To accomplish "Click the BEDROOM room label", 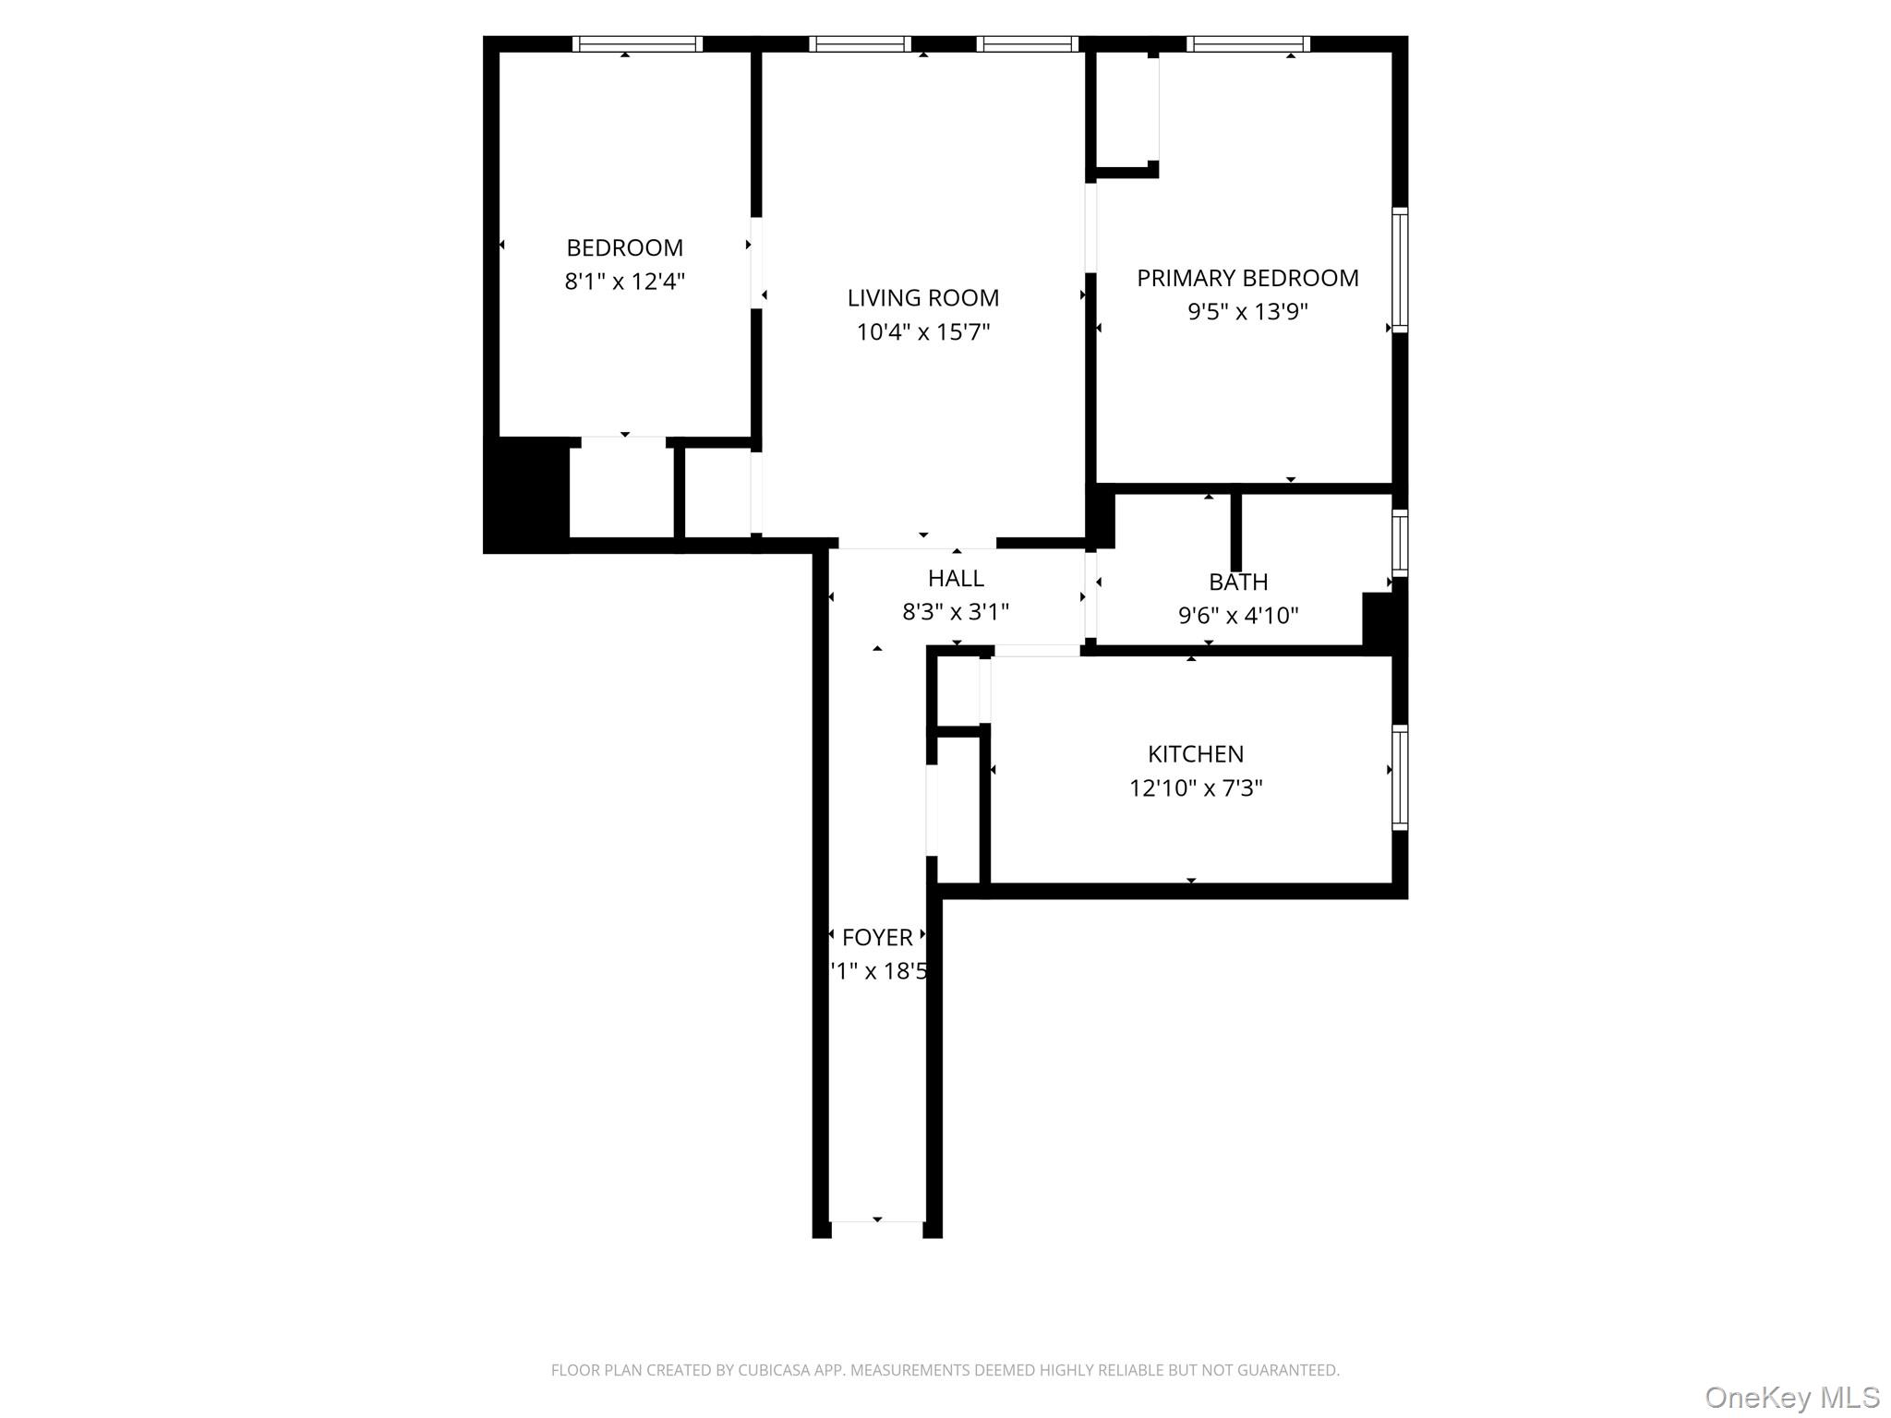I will pyautogui.click(x=624, y=247).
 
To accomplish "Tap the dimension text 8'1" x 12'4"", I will pyautogui.click(x=624, y=281).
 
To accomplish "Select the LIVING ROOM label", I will pyautogui.click(x=922, y=298).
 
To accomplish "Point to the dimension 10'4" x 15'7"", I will pyautogui.click(x=922, y=331).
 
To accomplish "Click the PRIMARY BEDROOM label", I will pyautogui.click(x=1247, y=278).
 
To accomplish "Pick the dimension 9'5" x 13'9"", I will pyautogui.click(x=1247, y=311).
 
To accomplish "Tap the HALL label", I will pyautogui.click(x=956, y=578).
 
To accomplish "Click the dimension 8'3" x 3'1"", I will pyautogui.click(x=956, y=611).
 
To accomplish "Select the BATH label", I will pyautogui.click(x=1237, y=582).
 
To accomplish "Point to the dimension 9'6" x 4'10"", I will pyautogui.click(x=1237, y=615).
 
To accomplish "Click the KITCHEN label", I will pyautogui.click(x=1195, y=754).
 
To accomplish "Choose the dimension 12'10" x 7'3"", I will pyautogui.click(x=1195, y=787).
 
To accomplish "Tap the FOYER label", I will pyautogui.click(x=877, y=937).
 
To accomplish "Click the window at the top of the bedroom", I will pyautogui.click(x=637, y=44).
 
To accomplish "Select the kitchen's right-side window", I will pyautogui.click(x=1400, y=777).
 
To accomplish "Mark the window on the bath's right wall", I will pyautogui.click(x=1400, y=543).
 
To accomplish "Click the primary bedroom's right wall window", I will pyautogui.click(x=1400, y=270).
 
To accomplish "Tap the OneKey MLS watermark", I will pyautogui.click(x=1791, y=1397).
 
